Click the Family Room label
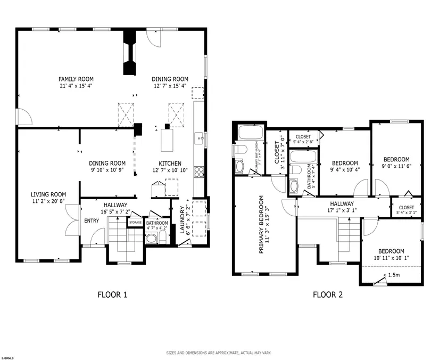(76, 79)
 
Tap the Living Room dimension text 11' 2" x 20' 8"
(48, 201)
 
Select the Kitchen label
(170, 163)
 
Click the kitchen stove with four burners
(199, 171)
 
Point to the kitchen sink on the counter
(200, 138)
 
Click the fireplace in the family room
(130, 52)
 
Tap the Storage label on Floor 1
(136, 223)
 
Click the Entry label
(92, 221)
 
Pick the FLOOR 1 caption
(113, 294)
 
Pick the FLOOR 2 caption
(328, 294)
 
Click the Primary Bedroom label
(261, 225)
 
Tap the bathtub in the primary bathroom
(251, 132)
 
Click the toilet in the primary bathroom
(240, 149)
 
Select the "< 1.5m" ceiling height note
(392, 275)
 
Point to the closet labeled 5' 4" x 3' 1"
(407, 208)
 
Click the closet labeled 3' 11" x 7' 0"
(277, 152)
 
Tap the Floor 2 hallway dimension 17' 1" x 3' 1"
(342, 210)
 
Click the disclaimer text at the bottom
(219, 353)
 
